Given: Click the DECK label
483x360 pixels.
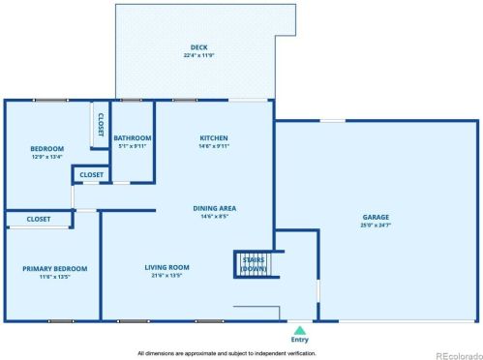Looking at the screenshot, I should [x=198, y=46].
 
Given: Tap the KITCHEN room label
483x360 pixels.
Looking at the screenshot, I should [x=213, y=138].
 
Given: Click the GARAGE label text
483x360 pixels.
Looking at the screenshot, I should [x=376, y=217].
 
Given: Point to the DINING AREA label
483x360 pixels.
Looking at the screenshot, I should [x=216, y=208].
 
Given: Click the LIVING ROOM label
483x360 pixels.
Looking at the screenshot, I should [x=166, y=267].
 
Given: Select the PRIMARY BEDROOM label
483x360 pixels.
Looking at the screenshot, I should [x=55, y=268].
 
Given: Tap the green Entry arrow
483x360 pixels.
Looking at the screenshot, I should [x=299, y=330].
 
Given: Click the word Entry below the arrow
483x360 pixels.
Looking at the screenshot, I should [x=299, y=341].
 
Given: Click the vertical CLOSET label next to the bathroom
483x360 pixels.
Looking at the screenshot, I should [x=101, y=124].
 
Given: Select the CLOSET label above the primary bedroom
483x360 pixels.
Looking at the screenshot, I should [x=39, y=219].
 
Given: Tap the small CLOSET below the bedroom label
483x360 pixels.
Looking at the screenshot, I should [x=91, y=174].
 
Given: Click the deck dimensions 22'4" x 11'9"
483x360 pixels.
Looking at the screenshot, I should [x=198, y=54].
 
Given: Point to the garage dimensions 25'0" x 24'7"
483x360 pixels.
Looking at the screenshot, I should [x=376, y=225].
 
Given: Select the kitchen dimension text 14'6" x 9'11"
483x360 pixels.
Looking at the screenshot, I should [x=213, y=146].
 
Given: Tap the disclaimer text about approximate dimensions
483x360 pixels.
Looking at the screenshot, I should [x=241, y=353].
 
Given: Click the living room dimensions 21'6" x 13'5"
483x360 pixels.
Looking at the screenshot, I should [x=166, y=275].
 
